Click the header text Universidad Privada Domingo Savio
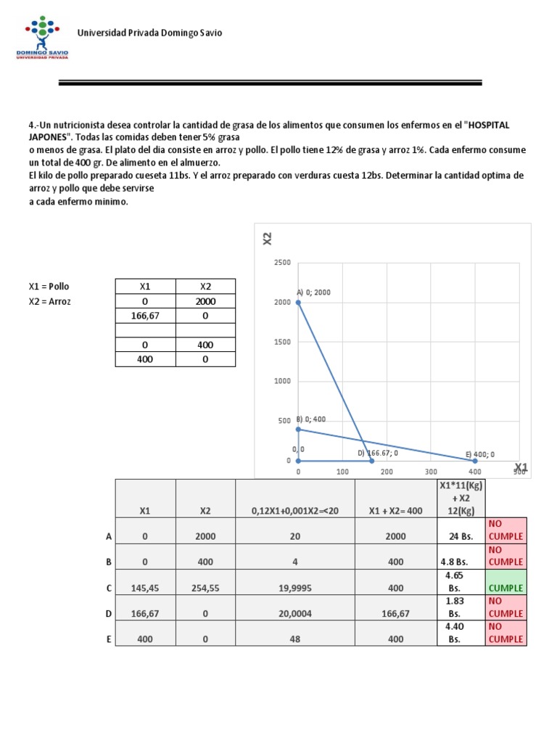(x=149, y=33)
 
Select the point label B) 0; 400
(x=311, y=419)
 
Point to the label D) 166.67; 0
(x=378, y=453)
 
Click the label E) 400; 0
(x=480, y=455)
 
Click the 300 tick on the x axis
(x=431, y=472)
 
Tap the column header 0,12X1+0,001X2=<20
(x=294, y=511)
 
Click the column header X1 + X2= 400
(x=395, y=511)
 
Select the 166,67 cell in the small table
(x=145, y=316)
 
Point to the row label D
(x=109, y=614)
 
